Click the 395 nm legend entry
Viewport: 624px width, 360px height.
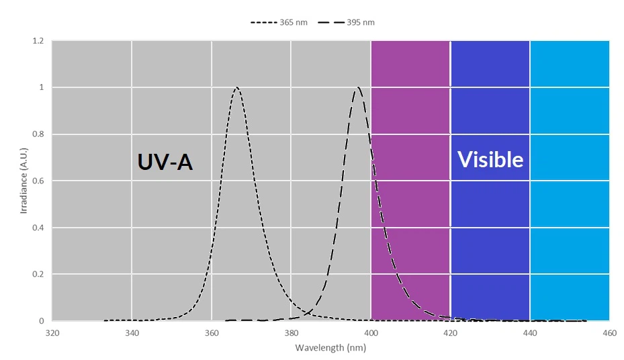click(x=347, y=22)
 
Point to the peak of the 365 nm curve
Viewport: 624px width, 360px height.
click(x=236, y=87)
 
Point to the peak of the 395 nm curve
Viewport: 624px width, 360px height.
click(x=359, y=87)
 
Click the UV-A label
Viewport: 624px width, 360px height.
click(x=165, y=162)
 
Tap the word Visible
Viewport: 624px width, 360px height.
click(x=490, y=159)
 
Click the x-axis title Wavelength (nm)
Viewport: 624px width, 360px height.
click(x=330, y=348)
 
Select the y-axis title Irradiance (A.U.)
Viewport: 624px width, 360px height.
click(x=24, y=181)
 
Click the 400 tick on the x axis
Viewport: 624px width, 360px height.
click(x=371, y=332)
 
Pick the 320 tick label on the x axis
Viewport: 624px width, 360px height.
click(x=52, y=332)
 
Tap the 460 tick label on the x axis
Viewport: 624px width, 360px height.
click(x=609, y=332)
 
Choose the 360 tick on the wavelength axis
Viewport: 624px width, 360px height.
click(x=212, y=332)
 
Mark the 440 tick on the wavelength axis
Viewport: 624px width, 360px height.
click(x=530, y=332)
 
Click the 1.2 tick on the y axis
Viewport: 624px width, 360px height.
click(x=38, y=41)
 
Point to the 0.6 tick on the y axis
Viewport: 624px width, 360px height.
click(x=38, y=181)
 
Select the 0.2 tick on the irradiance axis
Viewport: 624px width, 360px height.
click(x=38, y=275)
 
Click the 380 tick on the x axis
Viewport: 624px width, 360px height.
click(x=291, y=332)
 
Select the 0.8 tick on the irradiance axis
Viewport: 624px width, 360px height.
click(x=38, y=134)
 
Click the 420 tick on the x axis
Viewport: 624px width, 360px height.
click(x=450, y=332)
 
